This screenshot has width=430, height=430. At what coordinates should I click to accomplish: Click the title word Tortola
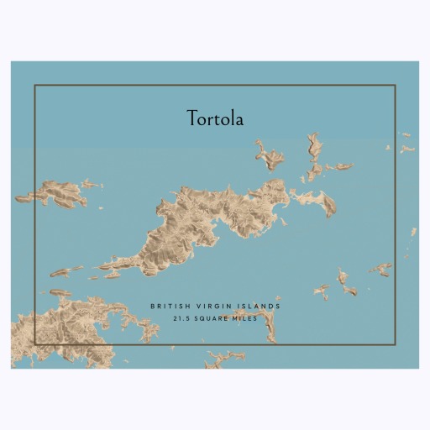click(x=215, y=119)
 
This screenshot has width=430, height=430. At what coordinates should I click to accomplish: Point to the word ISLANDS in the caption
click(x=259, y=307)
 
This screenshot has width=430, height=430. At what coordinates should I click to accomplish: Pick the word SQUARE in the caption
click(x=213, y=319)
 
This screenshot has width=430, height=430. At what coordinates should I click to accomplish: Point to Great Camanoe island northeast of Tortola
click(x=314, y=155)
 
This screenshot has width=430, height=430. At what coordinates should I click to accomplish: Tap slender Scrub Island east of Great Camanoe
click(x=340, y=166)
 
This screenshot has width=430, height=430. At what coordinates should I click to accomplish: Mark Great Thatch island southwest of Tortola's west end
click(x=68, y=272)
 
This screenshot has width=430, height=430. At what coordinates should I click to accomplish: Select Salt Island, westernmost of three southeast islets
click(x=322, y=291)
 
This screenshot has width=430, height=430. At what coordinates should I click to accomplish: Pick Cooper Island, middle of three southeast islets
click(x=344, y=281)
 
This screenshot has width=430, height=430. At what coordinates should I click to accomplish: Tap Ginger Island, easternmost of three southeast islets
click(x=380, y=270)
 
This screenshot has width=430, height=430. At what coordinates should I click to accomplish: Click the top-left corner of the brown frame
click(x=34, y=86)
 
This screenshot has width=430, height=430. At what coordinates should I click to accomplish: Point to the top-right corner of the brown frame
click(x=395, y=86)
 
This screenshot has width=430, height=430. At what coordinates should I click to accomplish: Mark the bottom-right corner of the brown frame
click(x=395, y=343)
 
